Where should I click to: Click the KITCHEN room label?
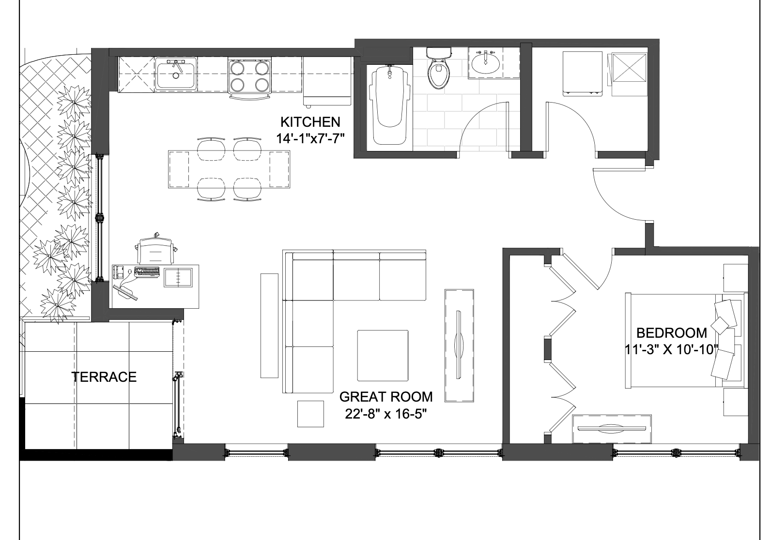tap(310, 122)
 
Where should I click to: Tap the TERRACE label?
tap(104, 377)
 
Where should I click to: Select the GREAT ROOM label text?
tap(386, 397)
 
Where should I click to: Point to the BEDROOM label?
tap(672, 333)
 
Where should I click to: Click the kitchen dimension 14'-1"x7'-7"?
tap(310, 138)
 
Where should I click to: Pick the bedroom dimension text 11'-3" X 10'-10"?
tap(672, 349)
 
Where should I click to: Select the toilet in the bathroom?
tap(439, 68)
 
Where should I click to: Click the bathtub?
tap(390, 105)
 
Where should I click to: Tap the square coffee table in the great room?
tap(383, 356)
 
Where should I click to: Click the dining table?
tap(229, 169)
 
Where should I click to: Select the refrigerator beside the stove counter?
tap(327, 81)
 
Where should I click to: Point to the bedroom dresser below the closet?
tap(612, 429)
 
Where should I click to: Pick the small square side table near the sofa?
tap(310, 414)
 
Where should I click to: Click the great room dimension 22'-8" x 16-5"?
tap(386, 414)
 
